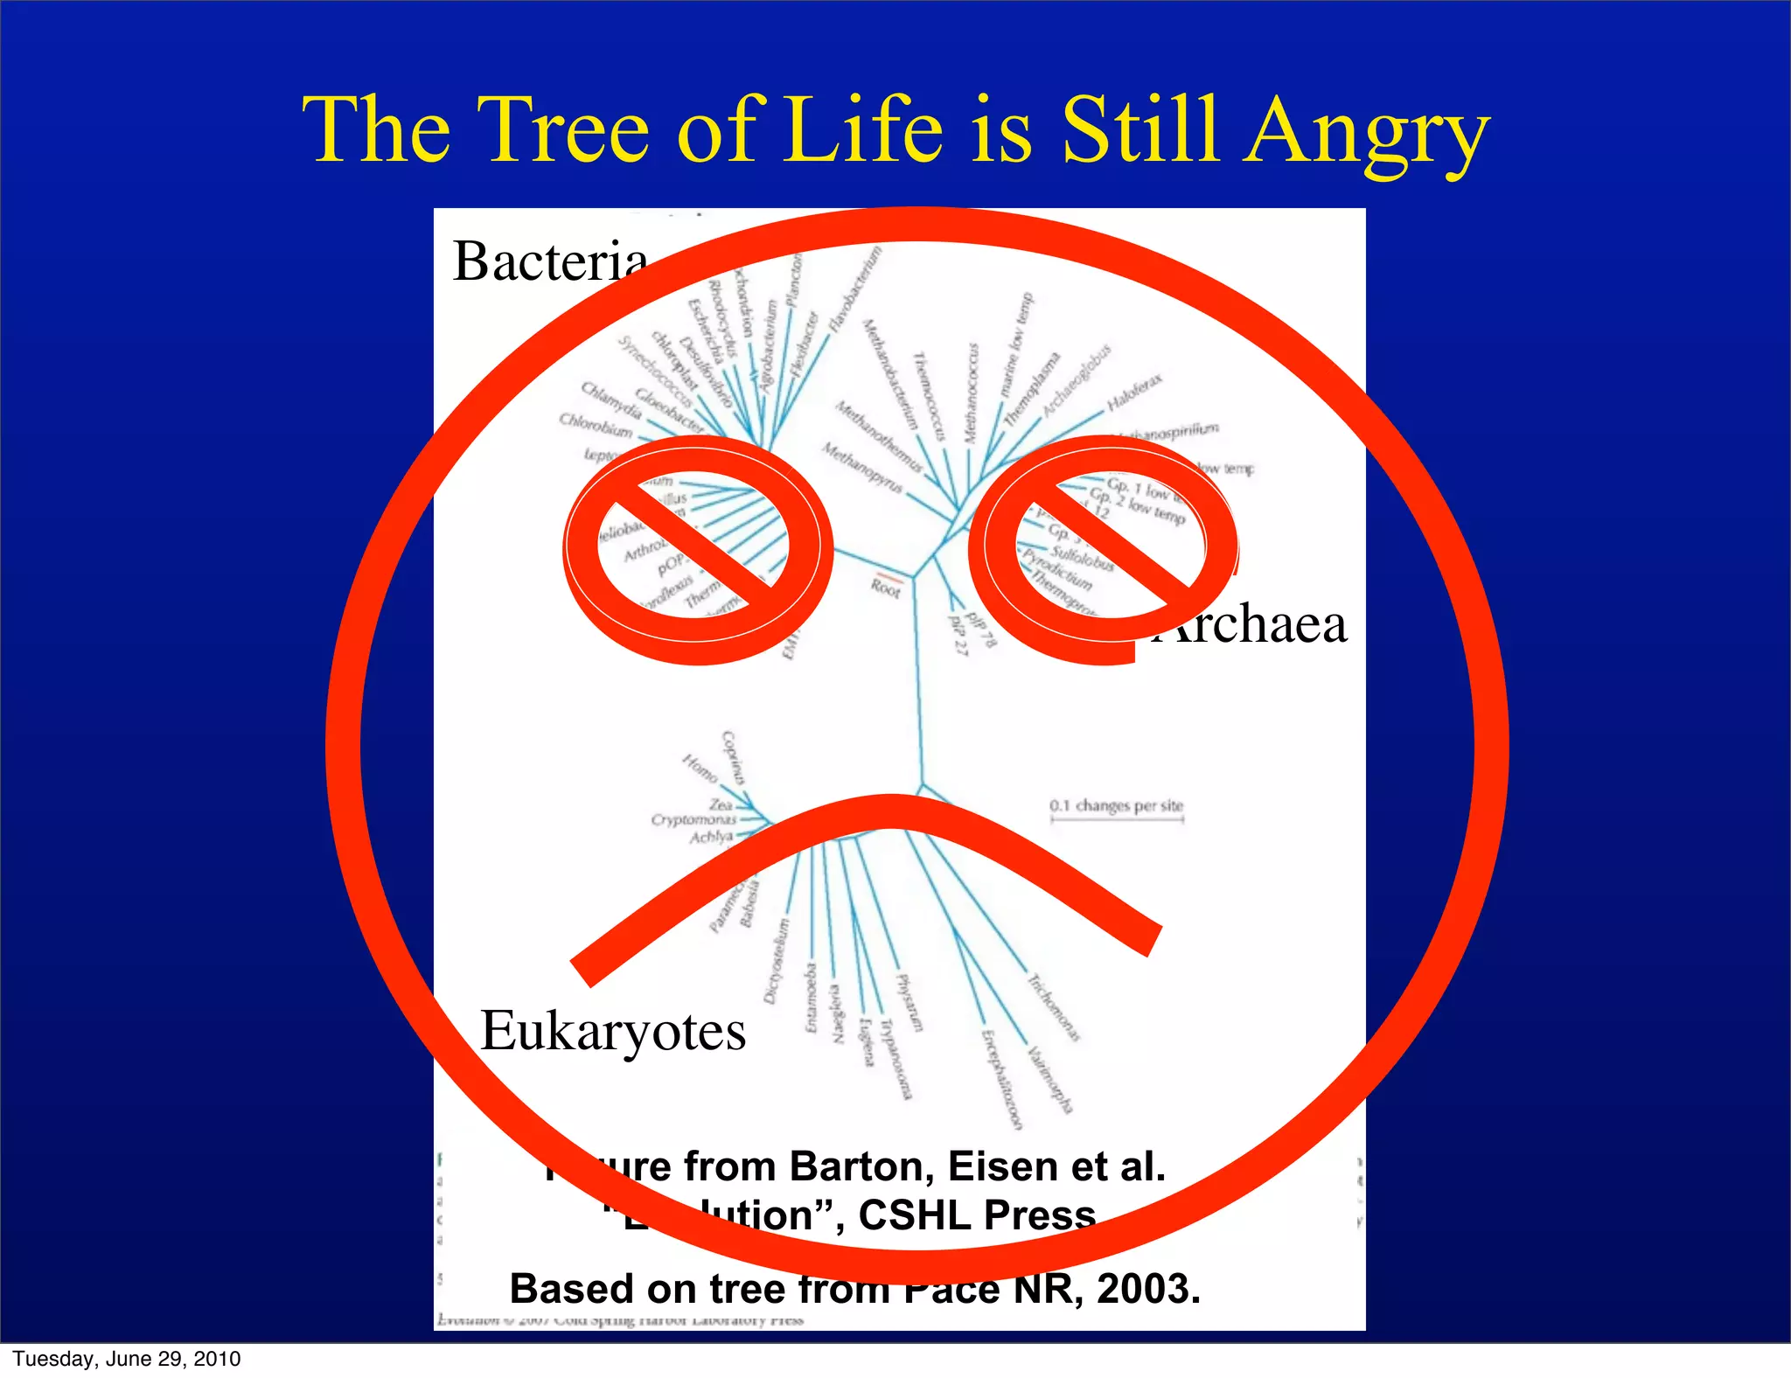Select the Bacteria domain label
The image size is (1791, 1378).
[x=550, y=261]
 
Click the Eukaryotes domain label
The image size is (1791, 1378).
[x=613, y=1031]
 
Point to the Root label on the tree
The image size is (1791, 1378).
[x=885, y=588]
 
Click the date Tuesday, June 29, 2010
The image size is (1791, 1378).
[x=127, y=1359]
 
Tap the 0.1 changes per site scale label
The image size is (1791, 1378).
[x=1116, y=805]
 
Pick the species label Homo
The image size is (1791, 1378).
[x=700, y=769]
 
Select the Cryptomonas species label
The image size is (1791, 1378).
[x=693, y=819]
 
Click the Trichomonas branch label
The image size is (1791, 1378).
[x=1054, y=1008]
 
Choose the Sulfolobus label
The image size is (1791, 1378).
[x=1083, y=558]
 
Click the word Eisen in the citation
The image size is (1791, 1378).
[x=1006, y=1166]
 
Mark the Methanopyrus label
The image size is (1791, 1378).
[x=861, y=467]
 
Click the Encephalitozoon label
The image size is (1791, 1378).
[x=1001, y=1080]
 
